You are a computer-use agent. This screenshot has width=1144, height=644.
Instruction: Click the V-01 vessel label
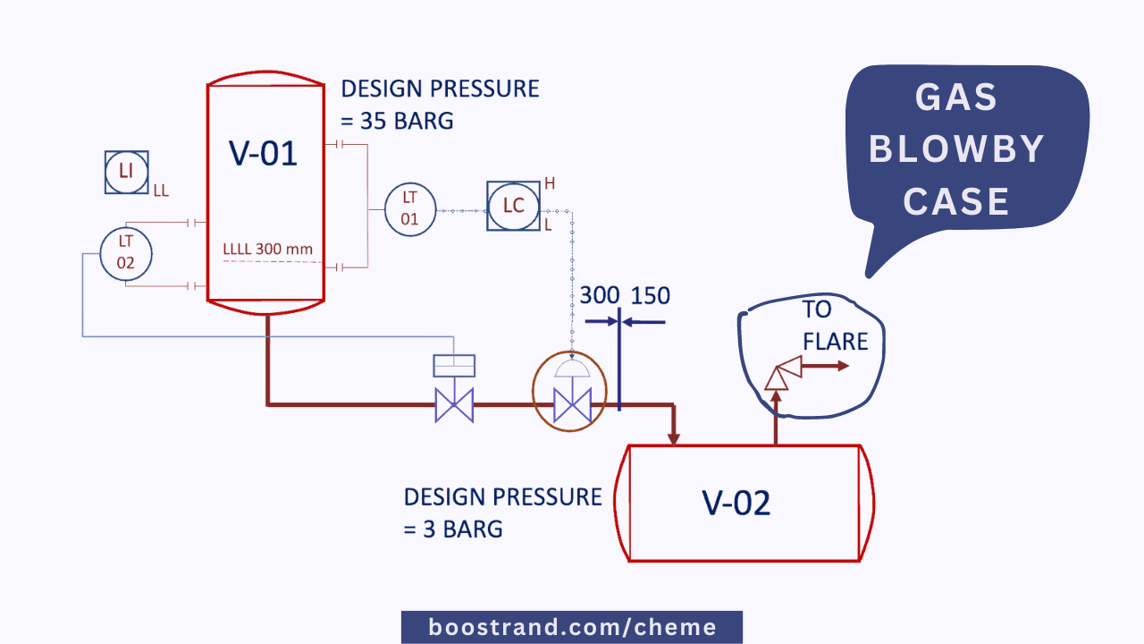pyautogui.click(x=264, y=153)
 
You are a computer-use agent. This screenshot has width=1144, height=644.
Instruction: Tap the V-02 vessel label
pyautogui.click(x=736, y=504)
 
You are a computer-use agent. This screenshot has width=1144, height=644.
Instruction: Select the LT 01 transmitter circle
pyautogui.click(x=409, y=209)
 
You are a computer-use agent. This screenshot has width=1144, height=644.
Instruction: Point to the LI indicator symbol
pyautogui.click(x=126, y=172)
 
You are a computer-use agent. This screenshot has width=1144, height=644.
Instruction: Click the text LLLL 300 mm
pyautogui.click(x=267, y=248)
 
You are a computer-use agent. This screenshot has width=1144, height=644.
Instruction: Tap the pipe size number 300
pyautogui.click(x=600, y=296)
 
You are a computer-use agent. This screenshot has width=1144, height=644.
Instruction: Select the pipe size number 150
pyautogui.click(x=651, y=296)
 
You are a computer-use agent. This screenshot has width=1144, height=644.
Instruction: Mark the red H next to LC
pyautogui.click(x=550, y=183)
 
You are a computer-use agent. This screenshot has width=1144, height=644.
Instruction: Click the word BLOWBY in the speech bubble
pyautogui.click(x=955, y=149)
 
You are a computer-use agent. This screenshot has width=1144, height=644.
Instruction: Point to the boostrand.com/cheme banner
pyautogui.click(x=572, y=627)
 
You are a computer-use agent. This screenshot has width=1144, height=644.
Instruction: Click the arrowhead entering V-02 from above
pyautogui.click(x=673, y=438)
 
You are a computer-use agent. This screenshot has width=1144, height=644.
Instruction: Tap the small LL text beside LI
pyautogui.click(x=161, y=191)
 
